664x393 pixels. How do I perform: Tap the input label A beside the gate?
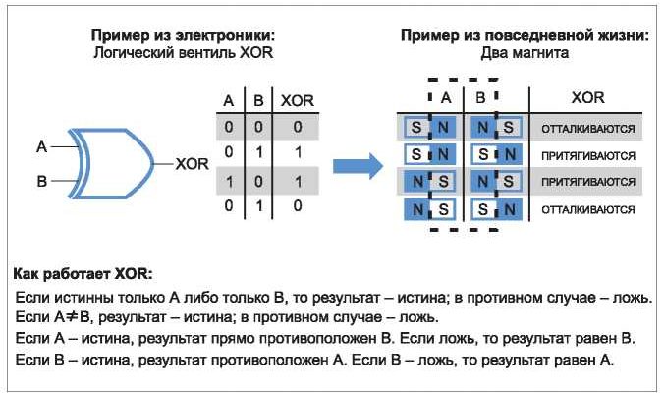coord(41,146)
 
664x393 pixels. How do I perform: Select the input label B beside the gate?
coord(41,180)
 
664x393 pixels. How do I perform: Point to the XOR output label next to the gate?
coord(192,163)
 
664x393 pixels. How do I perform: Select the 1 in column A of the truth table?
coord(229,181)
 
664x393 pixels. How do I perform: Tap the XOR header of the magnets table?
coord(587,98)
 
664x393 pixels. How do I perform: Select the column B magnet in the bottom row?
coord(496,208)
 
